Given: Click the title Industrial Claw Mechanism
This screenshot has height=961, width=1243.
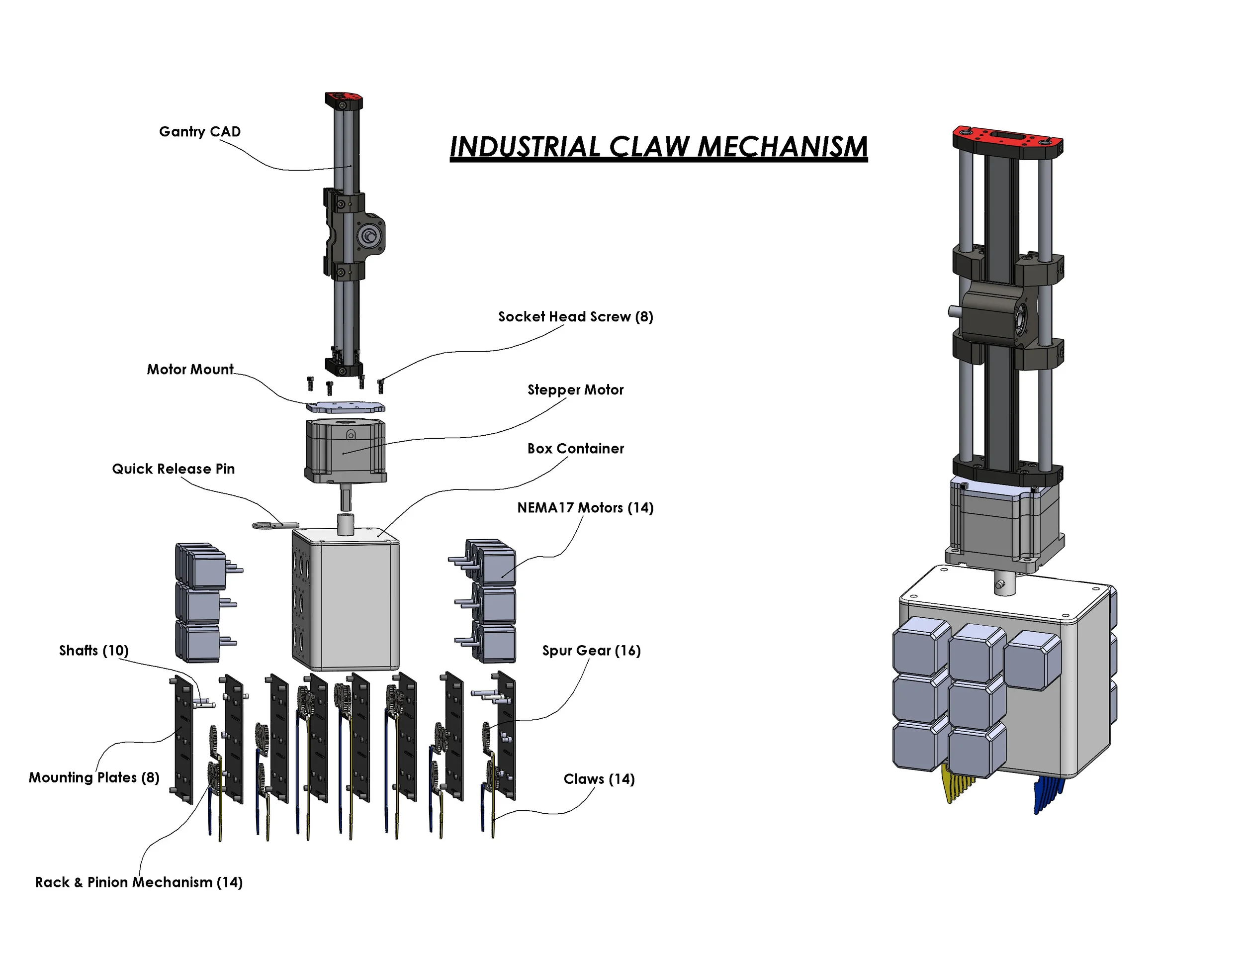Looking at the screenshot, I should pos(658,147).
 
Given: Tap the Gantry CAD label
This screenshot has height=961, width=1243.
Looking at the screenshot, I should pos(200,131).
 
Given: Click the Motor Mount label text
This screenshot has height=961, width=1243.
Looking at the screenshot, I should pos(190,370).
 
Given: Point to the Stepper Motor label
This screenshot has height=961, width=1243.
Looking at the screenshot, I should pos(575,390).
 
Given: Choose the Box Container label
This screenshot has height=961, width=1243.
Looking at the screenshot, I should pos(575,449).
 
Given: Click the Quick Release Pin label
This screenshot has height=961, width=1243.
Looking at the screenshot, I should pos(173,469).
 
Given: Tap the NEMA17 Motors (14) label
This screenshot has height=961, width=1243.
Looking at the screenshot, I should pos(585,508).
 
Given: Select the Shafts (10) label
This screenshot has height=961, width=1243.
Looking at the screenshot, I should pos(94,650).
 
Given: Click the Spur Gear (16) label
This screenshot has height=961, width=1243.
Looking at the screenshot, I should pos(591,651).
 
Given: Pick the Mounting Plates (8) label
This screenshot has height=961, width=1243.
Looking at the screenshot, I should pos(94,777).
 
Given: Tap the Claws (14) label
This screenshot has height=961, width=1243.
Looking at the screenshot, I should pos(599,779).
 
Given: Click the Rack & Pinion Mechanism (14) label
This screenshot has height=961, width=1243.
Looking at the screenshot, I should pos(139,882).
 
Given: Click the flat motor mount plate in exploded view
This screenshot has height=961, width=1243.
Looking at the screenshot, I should pos(346,407).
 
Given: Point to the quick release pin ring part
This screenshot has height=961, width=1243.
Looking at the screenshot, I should pos(266,525).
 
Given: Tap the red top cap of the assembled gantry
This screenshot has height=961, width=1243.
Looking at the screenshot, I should pos(1007,139).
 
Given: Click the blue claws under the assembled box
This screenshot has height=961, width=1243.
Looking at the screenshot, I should pos(1047,794).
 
